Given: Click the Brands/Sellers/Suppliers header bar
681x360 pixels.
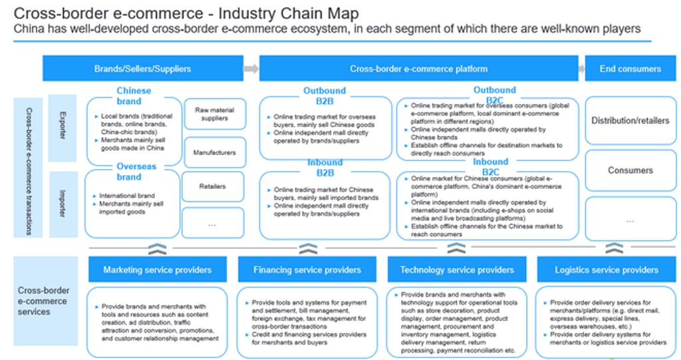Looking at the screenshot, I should tap(142, 69).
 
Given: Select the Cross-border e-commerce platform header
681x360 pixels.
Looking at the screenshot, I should tap(418, 69).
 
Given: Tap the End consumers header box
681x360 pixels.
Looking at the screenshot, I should tap(630, 69).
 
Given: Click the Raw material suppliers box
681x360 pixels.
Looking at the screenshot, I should tap(214, 114).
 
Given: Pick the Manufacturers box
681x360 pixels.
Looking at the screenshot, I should tap(214, 152).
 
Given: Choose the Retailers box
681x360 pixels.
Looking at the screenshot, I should tap(213, 187).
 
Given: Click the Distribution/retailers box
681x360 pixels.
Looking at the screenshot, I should tap(630, 120).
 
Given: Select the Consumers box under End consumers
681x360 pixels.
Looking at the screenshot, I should tap(630, 170).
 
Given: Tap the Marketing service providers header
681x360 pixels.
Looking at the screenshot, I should tap(157, 270).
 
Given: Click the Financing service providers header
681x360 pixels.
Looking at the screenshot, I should tap(307, 270).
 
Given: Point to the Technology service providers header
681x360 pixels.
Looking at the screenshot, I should tap(457, 270).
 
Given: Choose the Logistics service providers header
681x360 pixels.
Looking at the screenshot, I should tap(607, 270).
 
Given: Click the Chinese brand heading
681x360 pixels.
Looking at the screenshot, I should tap(134, 96).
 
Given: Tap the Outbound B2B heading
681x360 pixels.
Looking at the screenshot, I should tap(325, 96).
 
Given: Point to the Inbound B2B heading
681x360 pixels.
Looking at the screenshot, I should tap(325, 168).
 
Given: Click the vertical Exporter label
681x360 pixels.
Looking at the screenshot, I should tap(62, 128).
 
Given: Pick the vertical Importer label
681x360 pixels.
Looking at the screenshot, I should tap(62, 204).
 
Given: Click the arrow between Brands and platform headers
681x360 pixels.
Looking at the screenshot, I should tap(251, 69).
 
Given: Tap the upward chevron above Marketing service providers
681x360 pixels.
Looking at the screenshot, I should tap(157, 249).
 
